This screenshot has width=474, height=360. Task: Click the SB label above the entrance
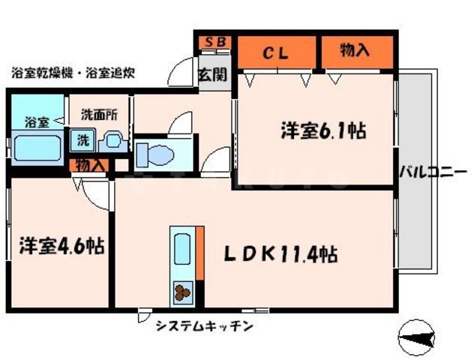pyautogui.click(x=215, y=41)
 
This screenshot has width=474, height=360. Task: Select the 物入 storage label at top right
pyautogui.click(x=355, y=50)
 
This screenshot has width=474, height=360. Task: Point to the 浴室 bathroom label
pyautogui.click(x=37, y=121)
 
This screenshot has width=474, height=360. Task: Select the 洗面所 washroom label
pyautogui.click(x=97, y=116)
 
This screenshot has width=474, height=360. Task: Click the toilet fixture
pyautogui.click(x=156, y=155)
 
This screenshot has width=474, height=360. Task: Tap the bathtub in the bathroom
pyautogui.click(x=37, y=148)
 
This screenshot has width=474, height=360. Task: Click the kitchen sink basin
pyautogui.click(x=183, y=248)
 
